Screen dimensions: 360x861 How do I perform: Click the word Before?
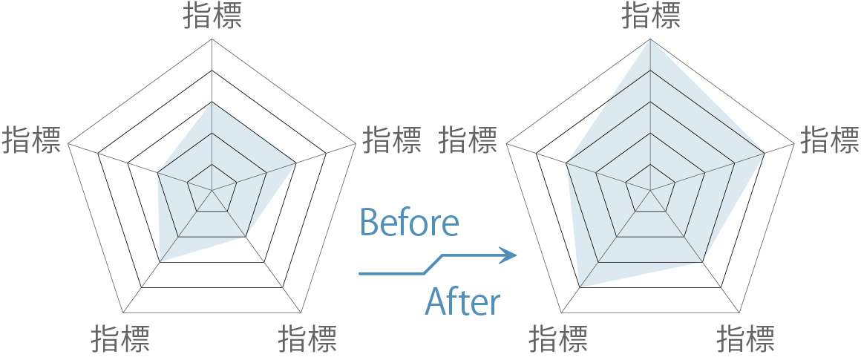(408, 223)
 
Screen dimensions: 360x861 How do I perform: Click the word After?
(462, 302)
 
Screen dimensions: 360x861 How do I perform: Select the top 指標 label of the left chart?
(212, 16)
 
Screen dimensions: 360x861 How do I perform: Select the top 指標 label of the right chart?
(650, 16)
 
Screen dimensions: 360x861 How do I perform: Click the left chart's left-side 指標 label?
(31, 140)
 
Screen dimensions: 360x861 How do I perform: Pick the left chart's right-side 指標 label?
(392, 140)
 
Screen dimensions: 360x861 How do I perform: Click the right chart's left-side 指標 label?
(468, 140)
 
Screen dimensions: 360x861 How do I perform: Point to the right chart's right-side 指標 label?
(830, 140)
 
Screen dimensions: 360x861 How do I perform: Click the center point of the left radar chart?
(212, 191)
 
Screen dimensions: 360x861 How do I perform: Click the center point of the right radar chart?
(650, 191)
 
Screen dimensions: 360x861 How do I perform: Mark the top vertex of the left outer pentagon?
(212, 39)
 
